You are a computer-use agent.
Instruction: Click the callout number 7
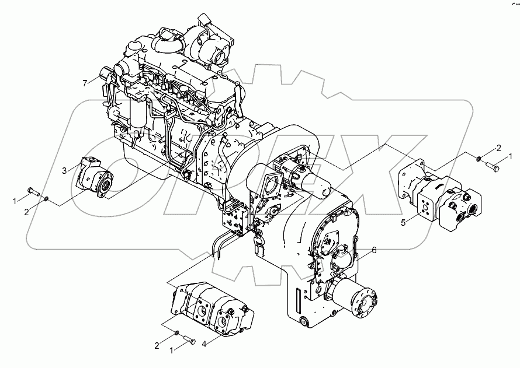(x=85, y=83)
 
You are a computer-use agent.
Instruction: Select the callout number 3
(x=65, y=170)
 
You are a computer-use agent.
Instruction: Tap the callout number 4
(x=204, y=344)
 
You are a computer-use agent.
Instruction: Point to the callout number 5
(x=403, y=223)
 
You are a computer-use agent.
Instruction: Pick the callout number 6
(x=374, y=250)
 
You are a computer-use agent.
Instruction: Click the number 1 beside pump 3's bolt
(x=14, y=201)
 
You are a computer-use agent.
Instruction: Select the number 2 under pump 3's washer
(x=26, y=212)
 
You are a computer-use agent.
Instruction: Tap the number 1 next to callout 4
(x=171, y=351)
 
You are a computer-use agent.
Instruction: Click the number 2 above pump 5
(x=498, y=148)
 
